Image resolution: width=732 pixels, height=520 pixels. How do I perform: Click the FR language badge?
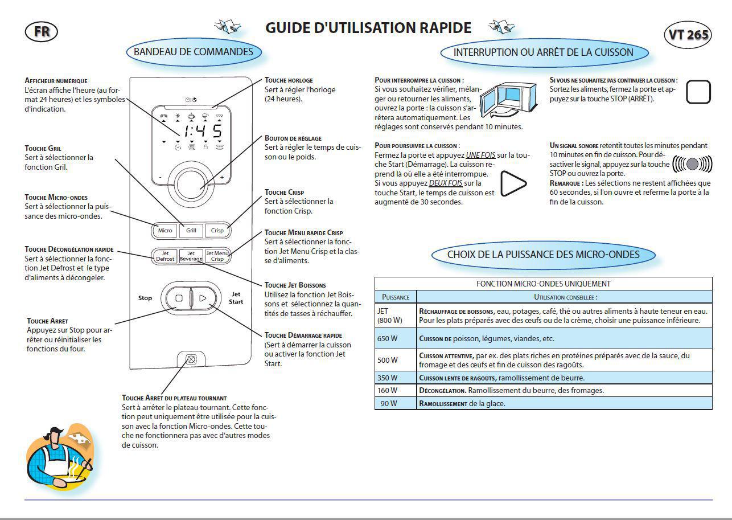pyautogui.click(x=41, y=32)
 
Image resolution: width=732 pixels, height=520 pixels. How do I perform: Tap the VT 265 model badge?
pyautogui.click(x=688, y=34)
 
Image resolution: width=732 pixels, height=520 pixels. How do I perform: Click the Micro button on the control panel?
pyautogui.click(x=165, y=231)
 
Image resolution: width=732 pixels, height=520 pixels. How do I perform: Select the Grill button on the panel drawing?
pyautogui.click(x=191, y=231)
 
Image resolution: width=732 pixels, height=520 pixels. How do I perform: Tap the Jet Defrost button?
pyautogui.click(x=165, y=256)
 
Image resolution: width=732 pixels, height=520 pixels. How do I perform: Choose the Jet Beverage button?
pyautogui.click(x=191, y=256)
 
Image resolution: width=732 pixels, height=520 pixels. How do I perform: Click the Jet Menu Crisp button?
pyautogui.click(x=217, y=256)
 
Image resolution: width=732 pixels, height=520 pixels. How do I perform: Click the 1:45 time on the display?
pyautogui.click(x=203, y=131)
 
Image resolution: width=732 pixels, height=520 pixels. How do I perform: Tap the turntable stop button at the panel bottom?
pyautogui.click(x=191, y=360)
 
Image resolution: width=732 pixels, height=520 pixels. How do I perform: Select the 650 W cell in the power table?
pyautogui.click(x=396, y=338)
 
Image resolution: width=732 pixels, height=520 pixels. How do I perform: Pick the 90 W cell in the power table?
pyautogui.click(x=396, y=403)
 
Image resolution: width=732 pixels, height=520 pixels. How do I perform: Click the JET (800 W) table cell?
pyautogui.click(x=396, y=316)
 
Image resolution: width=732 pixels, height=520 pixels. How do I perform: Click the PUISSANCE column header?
pyautogui.click(x=396, y=297)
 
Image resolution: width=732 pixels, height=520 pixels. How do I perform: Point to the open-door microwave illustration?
pyautogui.click(x=508, y=100)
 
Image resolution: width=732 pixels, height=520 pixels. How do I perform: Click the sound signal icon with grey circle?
pyautogui.click(x=692, y=164)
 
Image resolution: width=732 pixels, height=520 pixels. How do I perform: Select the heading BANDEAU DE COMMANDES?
pyautogui.click(x=194, y=52)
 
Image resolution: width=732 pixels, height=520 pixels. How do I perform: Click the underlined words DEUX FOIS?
pyautogui.click(x=446, y=183)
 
